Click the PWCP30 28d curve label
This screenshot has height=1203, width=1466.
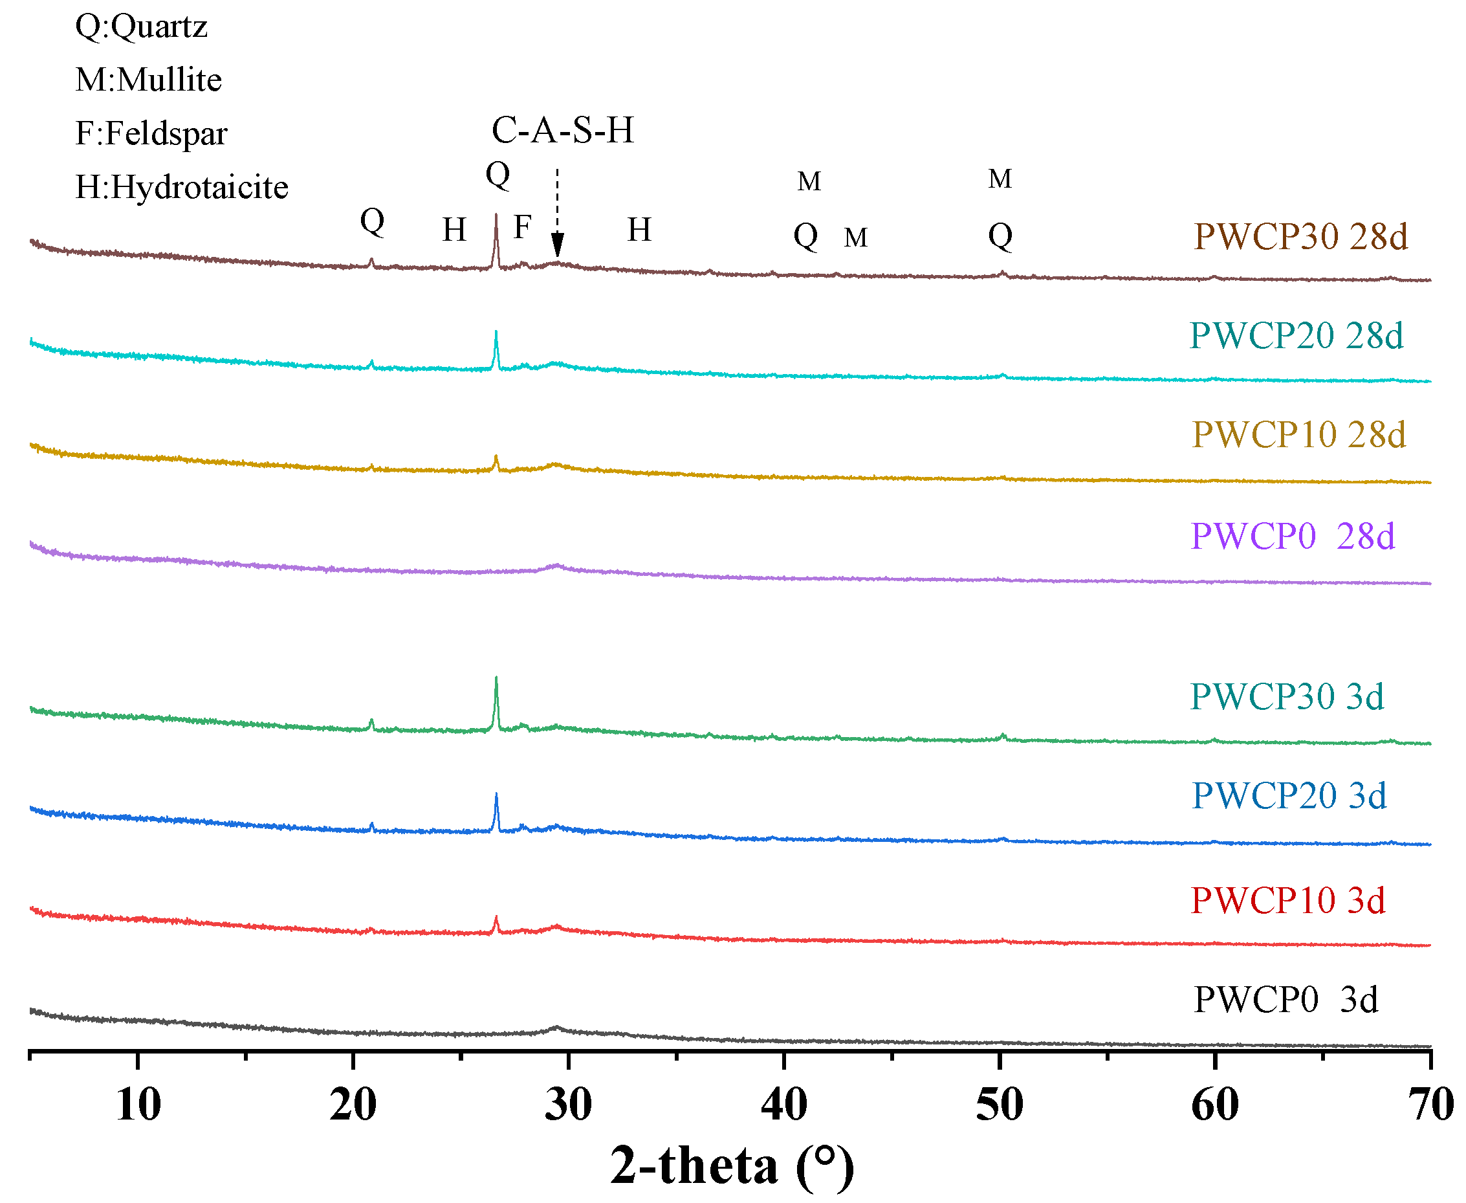point(1300,237)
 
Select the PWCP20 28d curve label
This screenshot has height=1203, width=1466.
point(1296,336)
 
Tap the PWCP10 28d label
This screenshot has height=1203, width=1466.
point(1298,435)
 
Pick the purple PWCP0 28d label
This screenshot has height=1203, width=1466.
point(1292,536)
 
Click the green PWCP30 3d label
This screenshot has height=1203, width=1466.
point(1287,696)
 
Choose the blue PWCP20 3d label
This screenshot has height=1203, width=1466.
point(1289,795)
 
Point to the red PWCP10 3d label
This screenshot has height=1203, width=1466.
point(1287,901)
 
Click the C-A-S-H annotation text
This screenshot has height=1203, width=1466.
point(563,130)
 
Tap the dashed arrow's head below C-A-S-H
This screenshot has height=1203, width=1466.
point(557,246)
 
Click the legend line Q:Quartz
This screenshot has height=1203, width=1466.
point(141,27)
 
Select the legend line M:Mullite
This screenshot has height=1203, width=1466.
point(148,80)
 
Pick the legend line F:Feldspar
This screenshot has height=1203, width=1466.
point(151,133)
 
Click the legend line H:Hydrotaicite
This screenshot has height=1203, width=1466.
point(182,187)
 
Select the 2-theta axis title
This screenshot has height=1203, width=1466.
point(732,1166)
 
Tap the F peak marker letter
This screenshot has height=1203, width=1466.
point(522,227)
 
